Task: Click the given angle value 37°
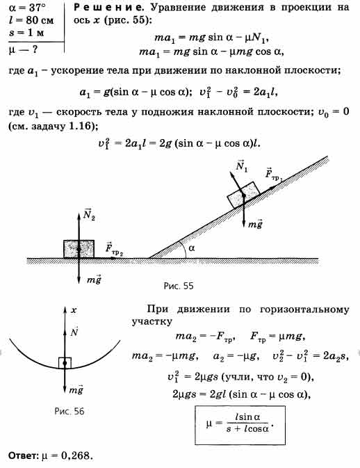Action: click(x=37, y=8)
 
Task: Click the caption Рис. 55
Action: click(x=179, y=286)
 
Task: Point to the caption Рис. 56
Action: click(x=69, y=411)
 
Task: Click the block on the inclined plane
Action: click(x=243, y=195)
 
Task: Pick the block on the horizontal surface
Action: click(x=79, y=249)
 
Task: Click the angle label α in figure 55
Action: click(x=192, y=248)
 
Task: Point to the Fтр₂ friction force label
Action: click(x=114, y=249)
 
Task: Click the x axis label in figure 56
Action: click(x=74, y=310)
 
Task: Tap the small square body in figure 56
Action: click(x=65, y=362)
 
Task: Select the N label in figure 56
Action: click(x=74, y=331)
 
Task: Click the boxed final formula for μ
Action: click(x=240, y=425)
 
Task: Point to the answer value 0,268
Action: click(x=76, y=455)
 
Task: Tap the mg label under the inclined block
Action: click(x=256, y=225)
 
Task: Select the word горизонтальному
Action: click(x=304, y=309)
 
